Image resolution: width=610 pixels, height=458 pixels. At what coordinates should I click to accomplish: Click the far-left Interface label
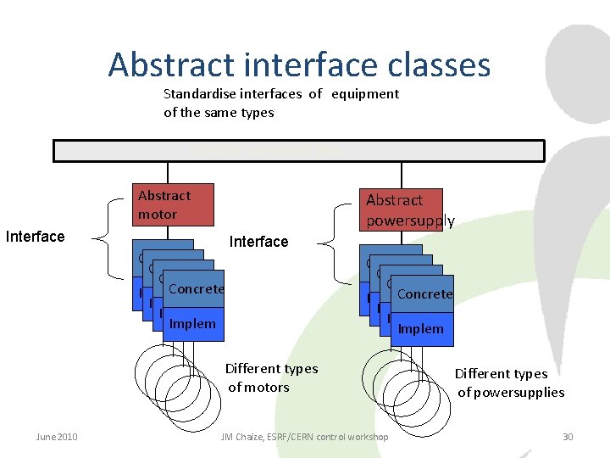tap(35, 237)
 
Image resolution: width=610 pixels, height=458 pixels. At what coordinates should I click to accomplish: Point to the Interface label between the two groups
tap(258, 242)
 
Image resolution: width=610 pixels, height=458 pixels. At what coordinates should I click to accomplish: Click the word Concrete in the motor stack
tap(196, 288)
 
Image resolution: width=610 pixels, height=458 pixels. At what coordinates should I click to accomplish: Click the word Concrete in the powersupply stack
tap(424, 293)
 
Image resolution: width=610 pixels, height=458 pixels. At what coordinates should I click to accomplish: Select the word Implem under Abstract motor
tap(192, 323)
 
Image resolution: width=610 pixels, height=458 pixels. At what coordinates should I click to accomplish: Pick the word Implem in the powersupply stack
tap(421, 328)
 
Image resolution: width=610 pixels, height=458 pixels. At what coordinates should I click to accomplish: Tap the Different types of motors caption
tap(271, 377)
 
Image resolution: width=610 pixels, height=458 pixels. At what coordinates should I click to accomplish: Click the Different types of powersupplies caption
tap(510, 383)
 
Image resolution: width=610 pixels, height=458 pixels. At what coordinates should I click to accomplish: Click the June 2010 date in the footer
tap(57, 437)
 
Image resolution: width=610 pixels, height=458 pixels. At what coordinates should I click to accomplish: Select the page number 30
tap(568, 437)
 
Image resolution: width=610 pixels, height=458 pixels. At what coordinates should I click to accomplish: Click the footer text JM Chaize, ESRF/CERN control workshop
tap(304, 437)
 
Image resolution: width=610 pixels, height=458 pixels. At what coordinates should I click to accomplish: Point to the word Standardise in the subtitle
tap(197, 93)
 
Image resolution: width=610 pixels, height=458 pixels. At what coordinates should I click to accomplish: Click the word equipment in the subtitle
tap(365, 93)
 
